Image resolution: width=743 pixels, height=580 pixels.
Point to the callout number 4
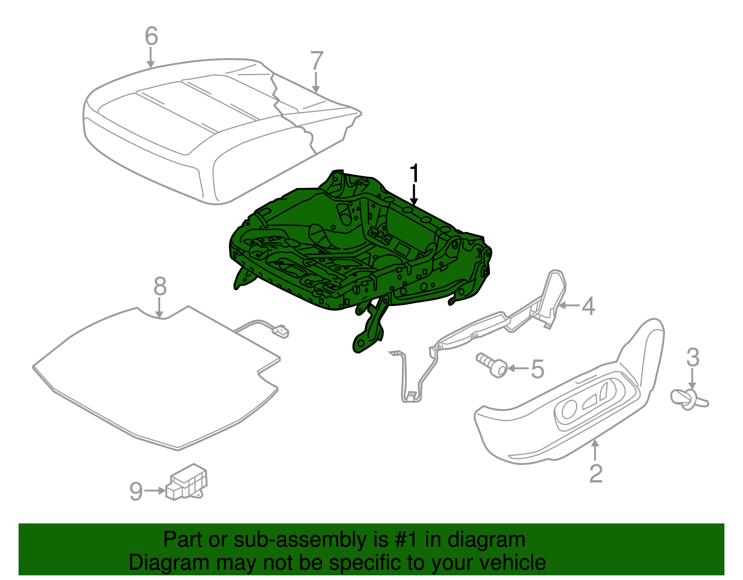tap(588, 306)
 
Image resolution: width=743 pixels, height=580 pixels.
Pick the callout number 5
tap(537, 369)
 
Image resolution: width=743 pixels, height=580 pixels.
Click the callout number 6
tap(151, 36)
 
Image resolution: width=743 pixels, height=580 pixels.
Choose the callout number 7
tap(316, 61)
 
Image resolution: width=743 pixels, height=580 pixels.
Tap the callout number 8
tap(160, 287)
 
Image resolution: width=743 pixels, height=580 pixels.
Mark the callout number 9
tap(136, 491)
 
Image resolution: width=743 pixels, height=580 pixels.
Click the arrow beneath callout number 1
tap(414, 195)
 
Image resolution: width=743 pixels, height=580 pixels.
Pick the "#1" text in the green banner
tap(407, 540)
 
